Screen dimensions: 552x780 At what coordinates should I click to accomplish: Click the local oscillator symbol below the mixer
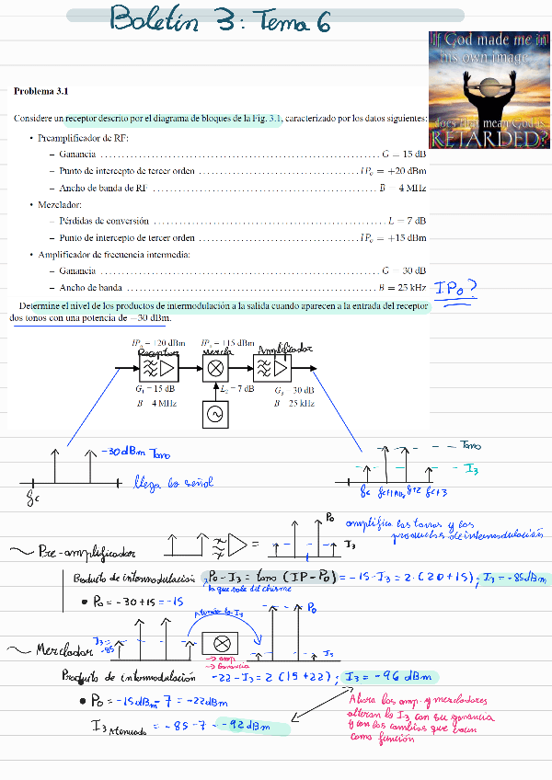[x=214, y=415]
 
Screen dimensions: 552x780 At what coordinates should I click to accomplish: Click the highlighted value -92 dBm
[x=253, y=728]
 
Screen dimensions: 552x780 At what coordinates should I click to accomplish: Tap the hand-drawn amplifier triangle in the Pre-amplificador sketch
[x=238, y=546]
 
